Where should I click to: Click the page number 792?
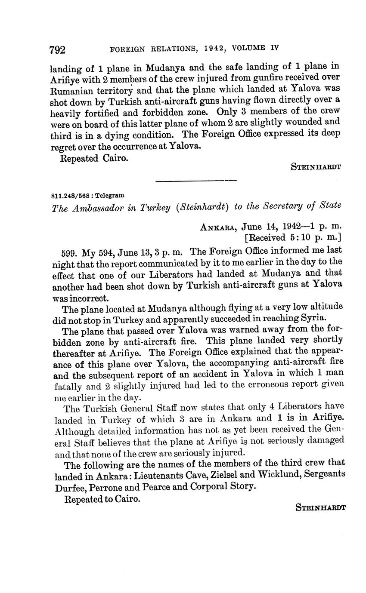click(x=58, y=50)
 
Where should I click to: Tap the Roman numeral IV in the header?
click(x=274, y=48)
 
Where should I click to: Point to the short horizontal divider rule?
click(x=196, y=181)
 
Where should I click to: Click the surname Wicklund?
click(x=278, y=475)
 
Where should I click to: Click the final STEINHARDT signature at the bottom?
click(x=321, y=507)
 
